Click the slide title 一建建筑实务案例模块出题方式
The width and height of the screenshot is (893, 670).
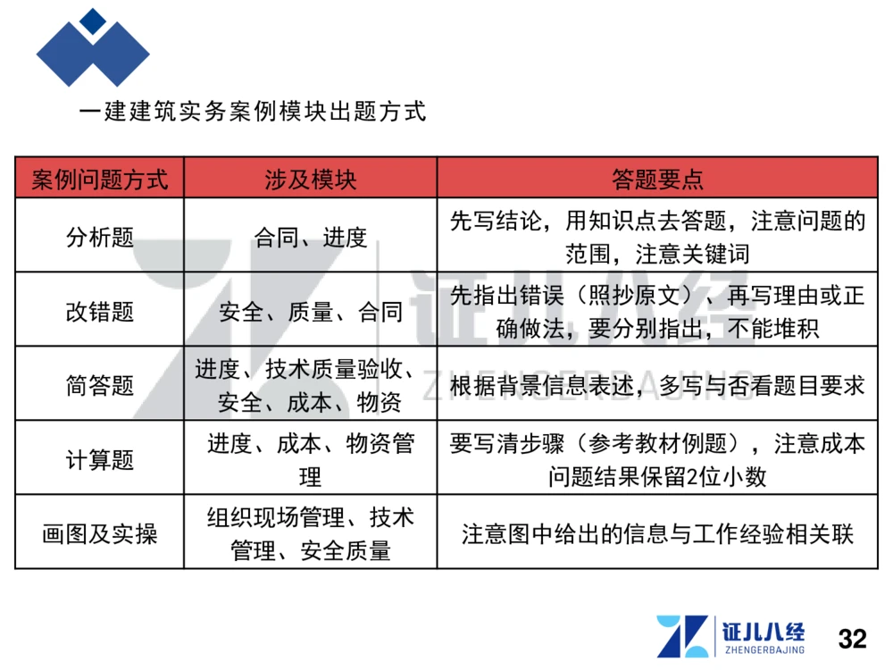(253, 113)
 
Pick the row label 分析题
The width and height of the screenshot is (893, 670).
(99, 237)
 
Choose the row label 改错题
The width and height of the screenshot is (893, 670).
(99, 311)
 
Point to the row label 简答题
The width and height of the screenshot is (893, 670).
(99, 385)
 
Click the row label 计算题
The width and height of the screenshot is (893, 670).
(99, 459)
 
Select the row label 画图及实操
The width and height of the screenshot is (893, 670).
(99, 533)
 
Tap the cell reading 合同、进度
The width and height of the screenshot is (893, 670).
(310, 237)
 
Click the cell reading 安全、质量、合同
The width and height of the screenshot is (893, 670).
(310, 312)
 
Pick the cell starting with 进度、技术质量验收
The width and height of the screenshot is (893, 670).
(310, 385)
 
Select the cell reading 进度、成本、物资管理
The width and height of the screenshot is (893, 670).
(310, 459)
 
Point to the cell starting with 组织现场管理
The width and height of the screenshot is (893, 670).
(310, 533)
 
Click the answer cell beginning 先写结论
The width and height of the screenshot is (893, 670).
(657, 237)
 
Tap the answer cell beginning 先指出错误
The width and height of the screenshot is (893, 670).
(657, 311)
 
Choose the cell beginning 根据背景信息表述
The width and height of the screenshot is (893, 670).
(657, 386)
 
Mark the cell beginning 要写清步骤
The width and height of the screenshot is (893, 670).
(657, 459)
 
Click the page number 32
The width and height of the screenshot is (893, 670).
(852, 639)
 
